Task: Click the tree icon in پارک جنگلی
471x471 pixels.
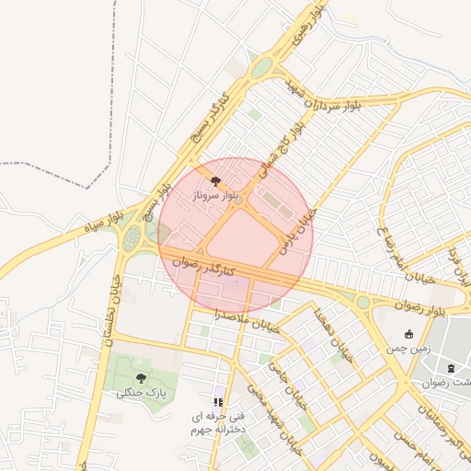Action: tap(141, 378)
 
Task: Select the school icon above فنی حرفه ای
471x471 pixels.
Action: tap(218, 402)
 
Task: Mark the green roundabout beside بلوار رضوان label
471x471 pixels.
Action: tap(362, 302)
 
